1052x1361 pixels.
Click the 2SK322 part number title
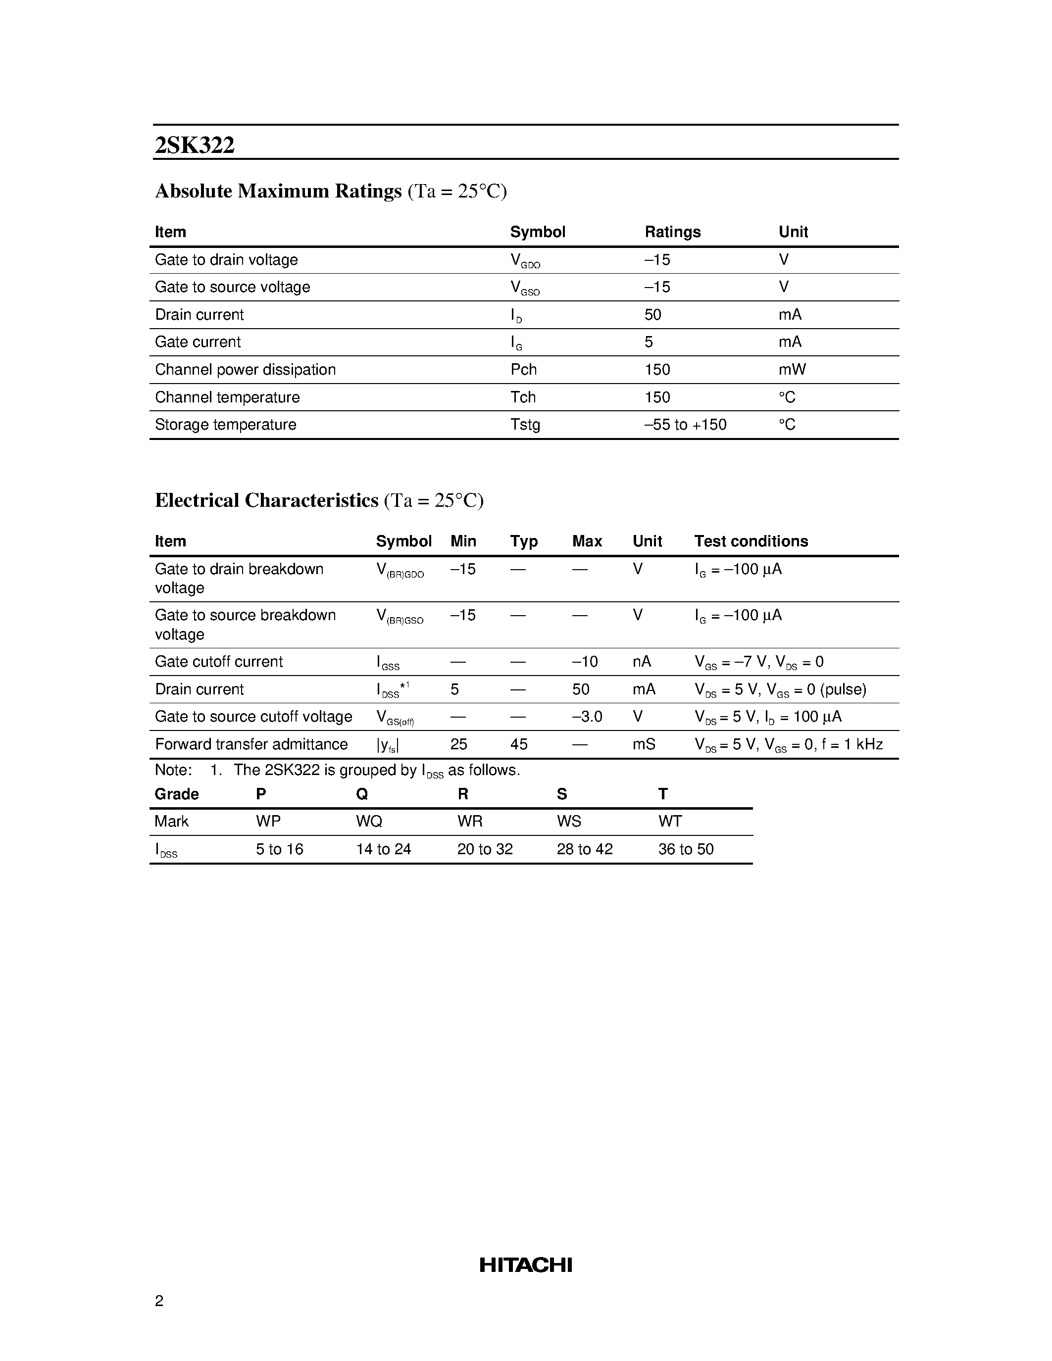click(195, 145)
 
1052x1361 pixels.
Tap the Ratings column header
click(672, 232)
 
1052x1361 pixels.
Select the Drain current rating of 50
click(652, 315)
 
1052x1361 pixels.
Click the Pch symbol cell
click(523, 370)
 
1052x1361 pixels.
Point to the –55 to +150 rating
click(685, 424)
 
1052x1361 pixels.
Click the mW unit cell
click(792, 370)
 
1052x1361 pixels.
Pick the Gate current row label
click(198, 342)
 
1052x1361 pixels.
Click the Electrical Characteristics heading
click(266, 500)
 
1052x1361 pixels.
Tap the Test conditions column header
click(751, 541)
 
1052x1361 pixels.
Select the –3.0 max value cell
click(587, 717)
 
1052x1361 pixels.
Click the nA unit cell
click(641, 662)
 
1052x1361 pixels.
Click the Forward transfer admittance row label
click(251, 744)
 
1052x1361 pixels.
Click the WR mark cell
click(469, 822)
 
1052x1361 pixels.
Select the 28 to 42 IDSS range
click(584, 849)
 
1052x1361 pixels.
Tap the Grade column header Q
click(361, 794)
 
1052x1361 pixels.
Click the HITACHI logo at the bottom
click(525, 1264)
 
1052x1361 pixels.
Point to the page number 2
click(159, 1301)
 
